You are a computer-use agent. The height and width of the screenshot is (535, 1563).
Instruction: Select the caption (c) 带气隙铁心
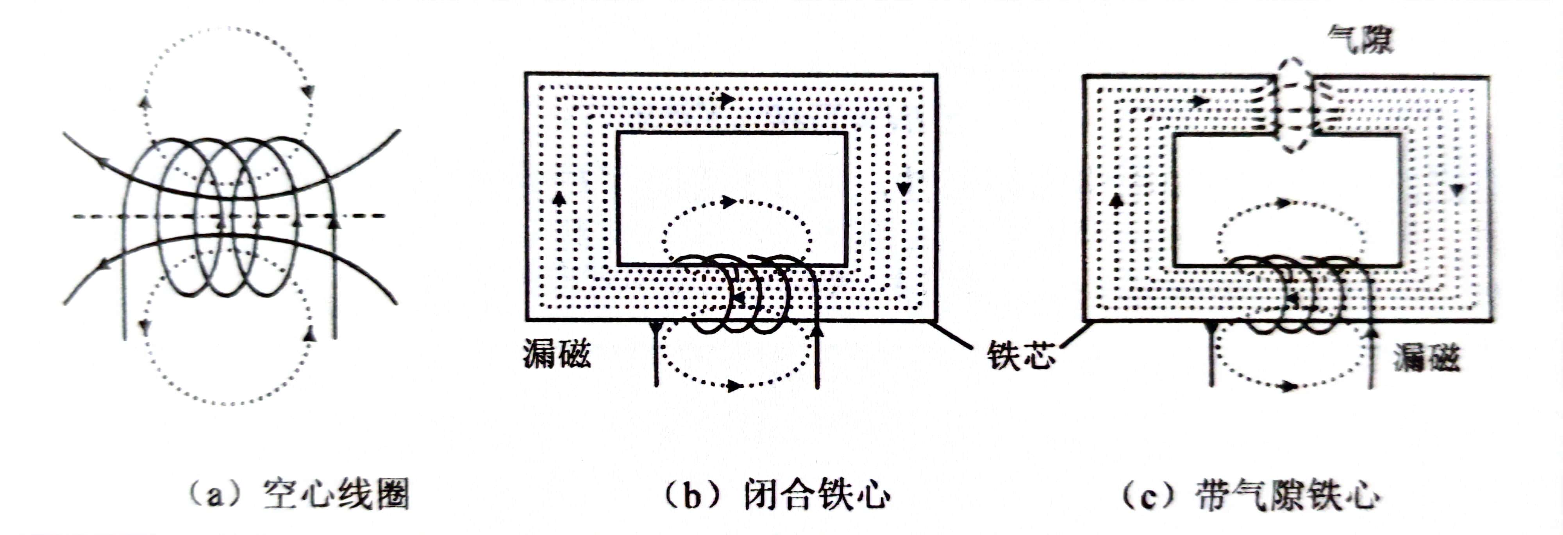pos(1250,496)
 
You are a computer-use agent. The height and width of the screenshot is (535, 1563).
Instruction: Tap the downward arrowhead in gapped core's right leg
pos(1457,190)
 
